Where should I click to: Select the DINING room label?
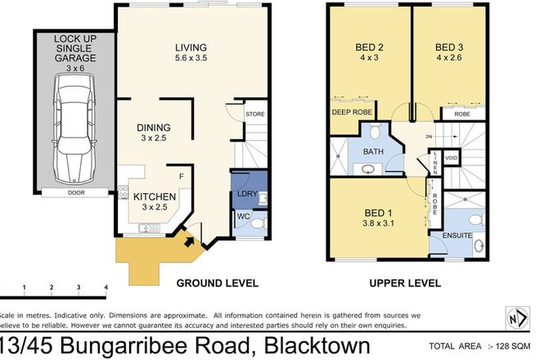[x=153, y=128]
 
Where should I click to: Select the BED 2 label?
[x=371, y=46]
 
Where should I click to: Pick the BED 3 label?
[x=450, y=46]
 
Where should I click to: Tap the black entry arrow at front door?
[x=189, y=240]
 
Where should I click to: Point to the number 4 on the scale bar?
[x=106, y=287]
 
